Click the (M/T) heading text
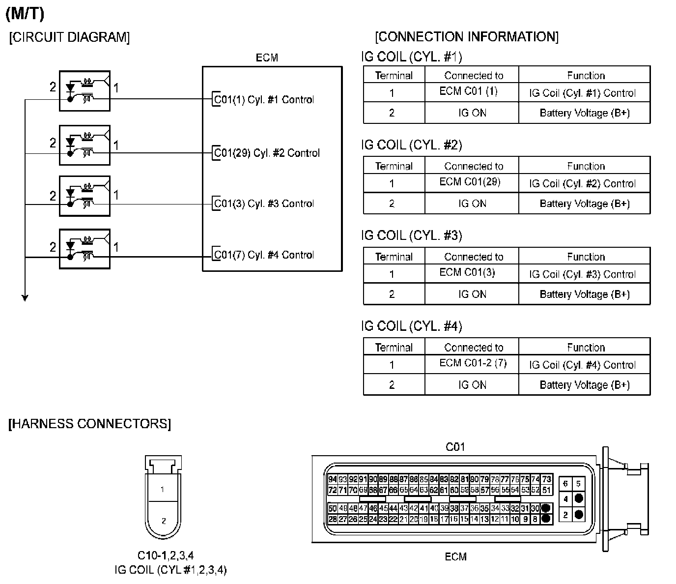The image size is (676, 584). tap(25, 14)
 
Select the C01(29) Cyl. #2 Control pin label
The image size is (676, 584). tap(267, 153)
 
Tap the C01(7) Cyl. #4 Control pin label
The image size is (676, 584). tap(264, 255)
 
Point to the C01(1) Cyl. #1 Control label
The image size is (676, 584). tap(264, 99)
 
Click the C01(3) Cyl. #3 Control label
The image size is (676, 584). tap(264, 204)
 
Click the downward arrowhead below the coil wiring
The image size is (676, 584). tap(25, 297)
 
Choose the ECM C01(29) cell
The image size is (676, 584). tap(470, 182)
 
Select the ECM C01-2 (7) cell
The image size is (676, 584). tap(473, 363)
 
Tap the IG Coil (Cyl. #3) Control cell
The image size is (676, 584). tap(582, 274)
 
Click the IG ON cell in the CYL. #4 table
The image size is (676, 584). tap(472, 385)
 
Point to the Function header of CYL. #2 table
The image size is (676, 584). tap(586, 166)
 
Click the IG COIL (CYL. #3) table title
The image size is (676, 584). tap(412, 235)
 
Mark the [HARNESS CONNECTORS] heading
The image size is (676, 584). tap(89, 424)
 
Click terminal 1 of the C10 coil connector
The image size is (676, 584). tap(163, 490)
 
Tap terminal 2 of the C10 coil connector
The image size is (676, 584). tap(164, 521)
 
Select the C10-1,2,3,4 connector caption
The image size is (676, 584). tap(166, 555)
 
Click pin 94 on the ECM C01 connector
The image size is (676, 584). tap(333, 479)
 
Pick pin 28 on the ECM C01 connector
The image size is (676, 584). tap(333, 519)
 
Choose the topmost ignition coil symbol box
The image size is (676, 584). tap(84, 91)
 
